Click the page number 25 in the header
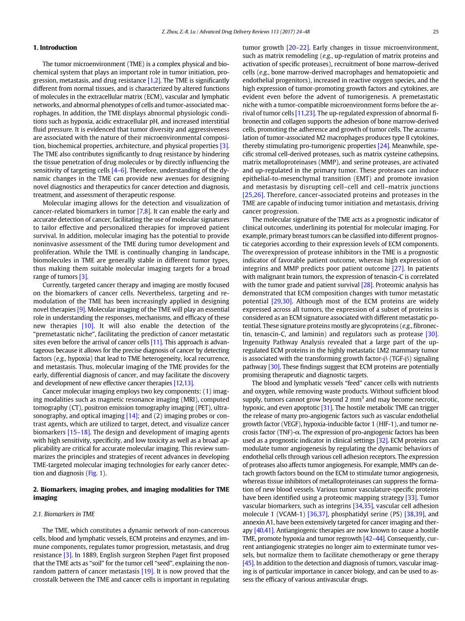point(436,32)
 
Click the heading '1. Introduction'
point(55,48)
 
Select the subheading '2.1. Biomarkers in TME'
point(64,514)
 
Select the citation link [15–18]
point(78,432)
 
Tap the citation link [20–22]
point(298,48)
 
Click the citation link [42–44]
point(373,539)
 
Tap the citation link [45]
point(248,563)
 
